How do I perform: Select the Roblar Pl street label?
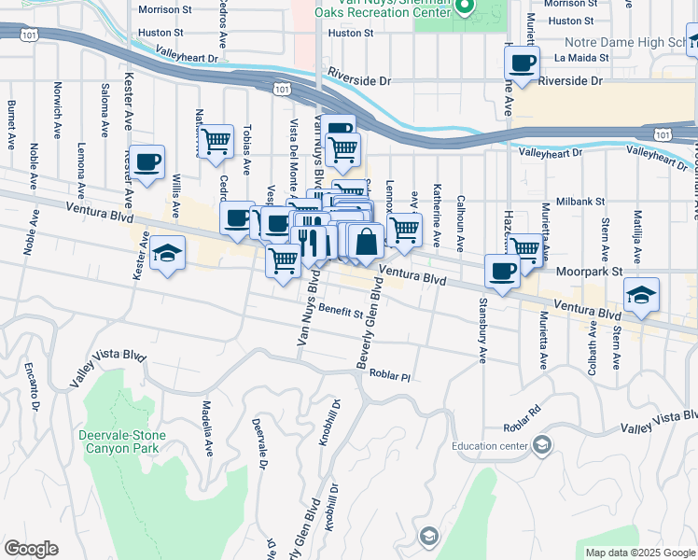click(390, 375)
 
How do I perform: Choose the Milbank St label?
click(581, 201)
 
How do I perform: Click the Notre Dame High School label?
click(625, 43)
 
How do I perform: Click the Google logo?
click(31, 549)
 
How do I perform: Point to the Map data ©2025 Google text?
click(639, 553)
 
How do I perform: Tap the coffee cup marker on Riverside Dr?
click(522, 63)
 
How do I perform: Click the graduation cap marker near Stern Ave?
click(641, 294)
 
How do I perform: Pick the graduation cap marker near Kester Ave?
click(167, 253)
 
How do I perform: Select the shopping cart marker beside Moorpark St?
click(525, 248)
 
